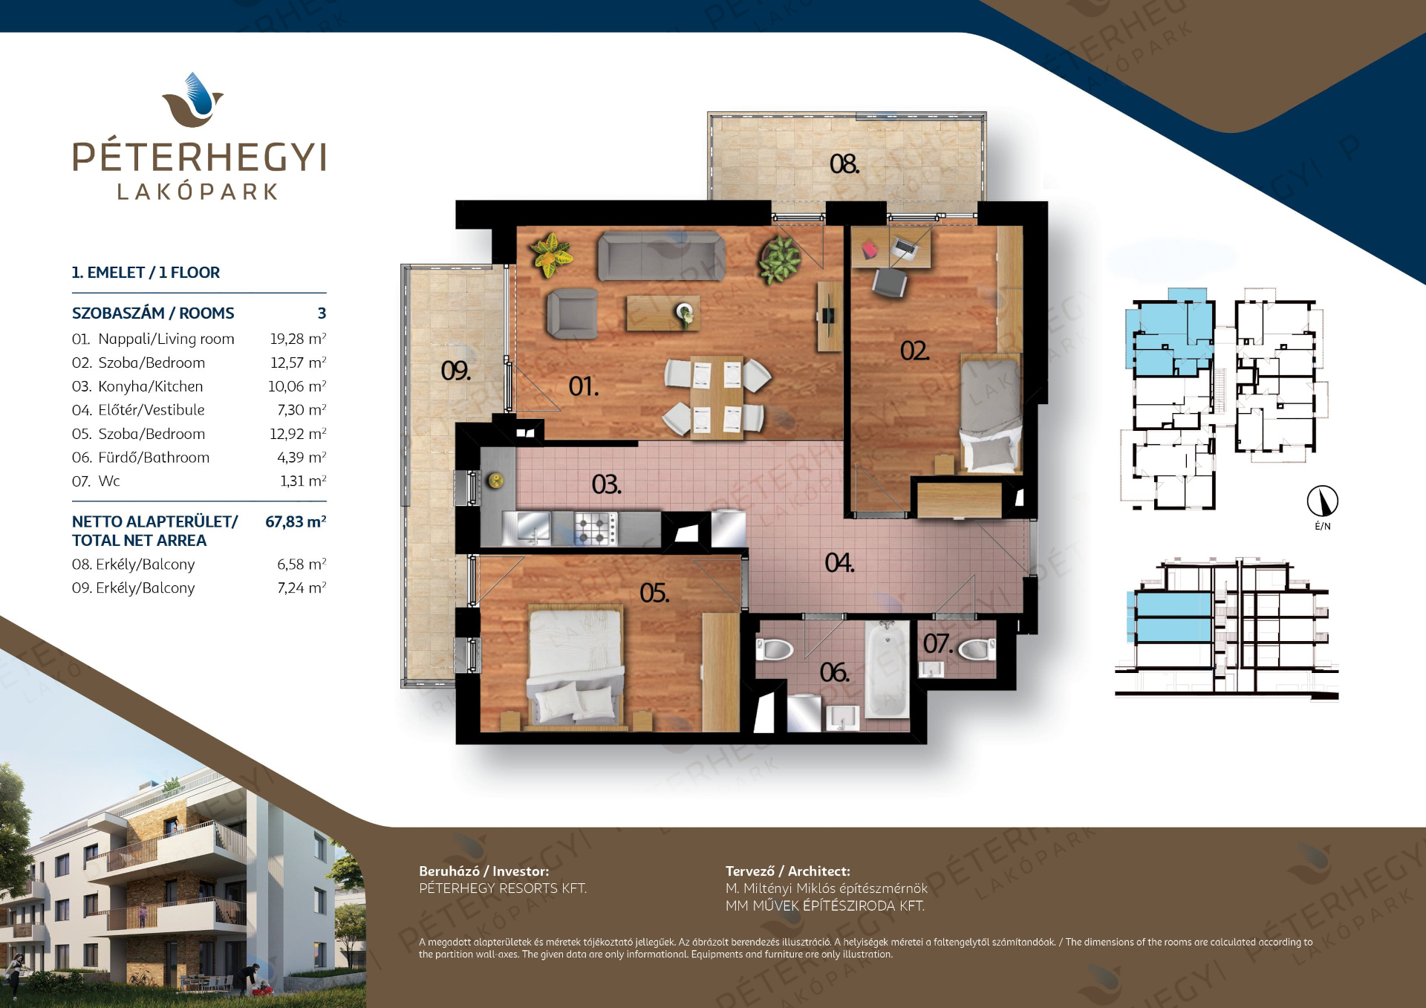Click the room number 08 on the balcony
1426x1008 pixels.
844,163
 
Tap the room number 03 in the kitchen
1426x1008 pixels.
606,484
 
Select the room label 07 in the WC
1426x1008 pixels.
937,643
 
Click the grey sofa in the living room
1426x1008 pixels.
661,256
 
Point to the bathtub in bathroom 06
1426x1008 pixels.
887,669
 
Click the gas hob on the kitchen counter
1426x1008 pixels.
595,528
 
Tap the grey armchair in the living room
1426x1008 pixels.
572,314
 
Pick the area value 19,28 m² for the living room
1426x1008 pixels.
298,339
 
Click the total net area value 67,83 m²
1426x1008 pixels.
296,521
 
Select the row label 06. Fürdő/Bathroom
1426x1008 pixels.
141,458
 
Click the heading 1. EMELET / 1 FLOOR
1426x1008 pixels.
146,273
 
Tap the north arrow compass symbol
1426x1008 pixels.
1323,501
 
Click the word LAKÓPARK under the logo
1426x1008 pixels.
198,192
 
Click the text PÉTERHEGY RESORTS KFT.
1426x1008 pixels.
503,888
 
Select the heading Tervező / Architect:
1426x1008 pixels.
788,871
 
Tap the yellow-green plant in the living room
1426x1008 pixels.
551,253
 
